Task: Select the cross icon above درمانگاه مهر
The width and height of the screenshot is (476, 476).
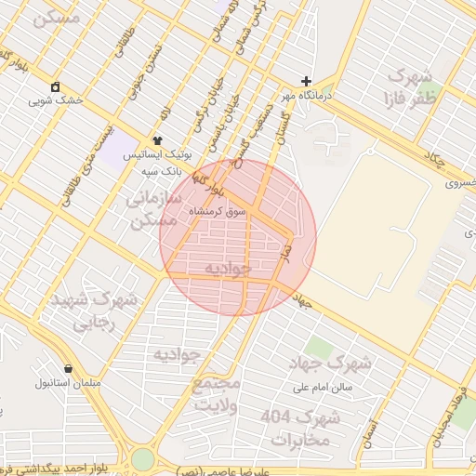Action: tap(307, 81)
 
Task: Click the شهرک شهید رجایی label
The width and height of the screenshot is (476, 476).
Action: tap(93, 312)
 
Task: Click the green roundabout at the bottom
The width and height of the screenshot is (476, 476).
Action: tap(142, 459)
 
